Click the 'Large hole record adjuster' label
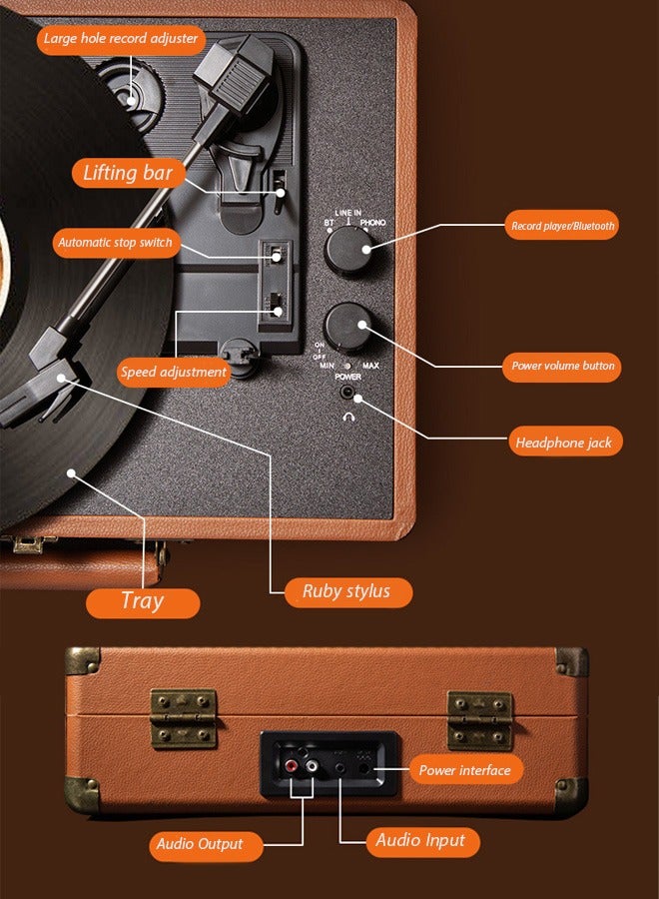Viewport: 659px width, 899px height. pyautogui.click(x=123, y=40)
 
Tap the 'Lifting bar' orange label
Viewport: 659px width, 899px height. pyautogui.click(x=128, y=173)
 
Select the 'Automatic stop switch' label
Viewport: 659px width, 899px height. pyautogui.click(x=115, y=243)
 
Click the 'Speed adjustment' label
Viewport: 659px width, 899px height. pyautogui.click(x=174, y=372)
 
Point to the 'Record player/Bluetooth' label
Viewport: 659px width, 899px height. pyautogui.click(x=562, y=226)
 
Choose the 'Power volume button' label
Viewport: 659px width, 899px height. pyautogui.click(x=562, y=366)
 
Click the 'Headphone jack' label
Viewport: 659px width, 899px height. pyautogui.click(x=564, y=442)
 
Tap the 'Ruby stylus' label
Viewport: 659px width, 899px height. pyautogui.click(x=345, y=591)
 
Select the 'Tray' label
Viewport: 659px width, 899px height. pyautogui.click(x=142, y=601)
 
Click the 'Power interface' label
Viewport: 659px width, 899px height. pyautogui.click(x=464, y=770)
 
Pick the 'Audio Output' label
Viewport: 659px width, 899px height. pyautogui.click(x=199, y=844)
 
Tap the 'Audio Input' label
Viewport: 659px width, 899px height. pyautogui.click(x=420, y=840)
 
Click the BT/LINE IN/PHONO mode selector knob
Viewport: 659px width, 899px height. pyautogui.click(x=348, y=246)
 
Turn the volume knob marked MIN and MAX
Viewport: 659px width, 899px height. pyautogui.click(x=348, y=325)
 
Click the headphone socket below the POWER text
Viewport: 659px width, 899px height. pyautogui.click(x=357, y=399)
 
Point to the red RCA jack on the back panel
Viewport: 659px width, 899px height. pyautogui.click(x=292, y=767)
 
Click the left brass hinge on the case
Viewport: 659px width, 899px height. pyautogui.click(x=184, y=718)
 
